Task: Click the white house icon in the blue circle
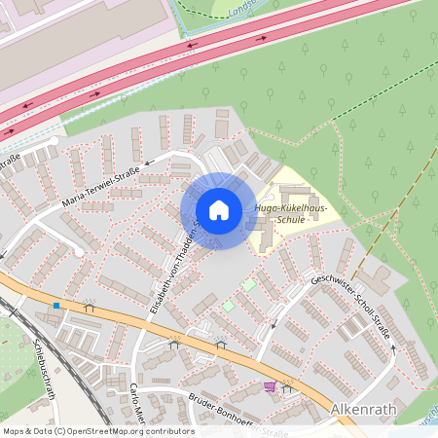(x=219, y=210)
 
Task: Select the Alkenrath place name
(x=364, y=410)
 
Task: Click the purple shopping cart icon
(x=269, y=386)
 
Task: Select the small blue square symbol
(x=56, y=306)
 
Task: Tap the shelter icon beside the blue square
(x=90, y=307)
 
